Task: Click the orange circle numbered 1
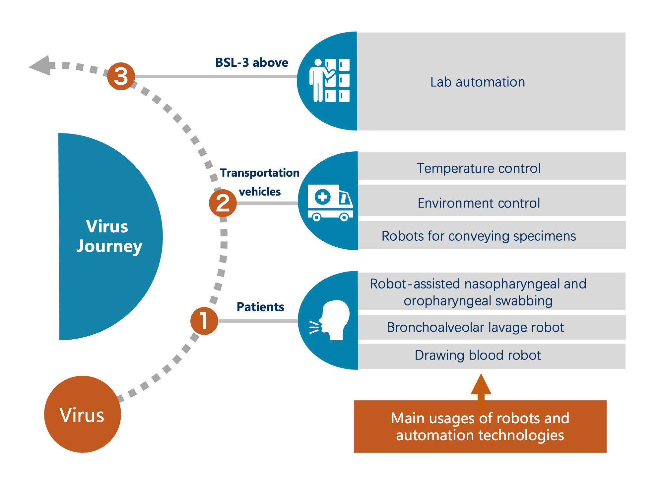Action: (x=204, y=321)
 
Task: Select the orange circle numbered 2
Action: (x=223, y=203)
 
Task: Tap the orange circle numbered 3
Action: (x=121, y=76)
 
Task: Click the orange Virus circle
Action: (x=82, y=414)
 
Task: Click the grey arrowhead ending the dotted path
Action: (x=41, y=66)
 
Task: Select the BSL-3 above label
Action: (x=251, y=62)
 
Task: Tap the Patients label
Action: (x=260, y=307)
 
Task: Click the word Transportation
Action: (x=260, y=173)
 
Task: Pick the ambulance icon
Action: (x=330, y=203)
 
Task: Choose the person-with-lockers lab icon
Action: (x=329, y=80)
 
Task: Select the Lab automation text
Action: (x=478, y=82)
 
